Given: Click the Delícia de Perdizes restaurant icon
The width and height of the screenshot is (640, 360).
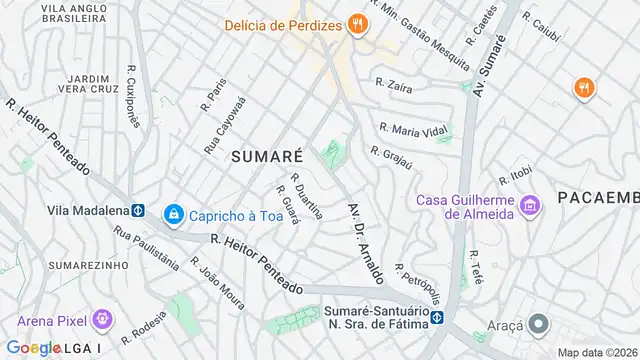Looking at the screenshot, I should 356,27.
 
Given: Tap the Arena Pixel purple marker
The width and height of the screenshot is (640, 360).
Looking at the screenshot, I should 100,321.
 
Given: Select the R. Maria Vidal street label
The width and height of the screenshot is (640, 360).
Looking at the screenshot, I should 411,131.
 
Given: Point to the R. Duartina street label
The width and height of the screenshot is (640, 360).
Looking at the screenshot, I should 305,194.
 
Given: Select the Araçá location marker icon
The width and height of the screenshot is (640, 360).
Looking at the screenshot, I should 538,324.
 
